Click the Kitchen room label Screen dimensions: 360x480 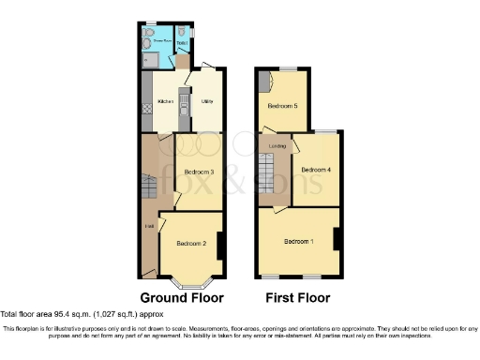165,101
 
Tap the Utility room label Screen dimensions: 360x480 205,100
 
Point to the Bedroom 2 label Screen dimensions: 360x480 191,244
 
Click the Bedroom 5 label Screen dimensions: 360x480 282,106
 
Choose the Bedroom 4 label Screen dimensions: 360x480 316,170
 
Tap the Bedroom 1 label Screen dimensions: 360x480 299,242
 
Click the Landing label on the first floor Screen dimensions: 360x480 277,146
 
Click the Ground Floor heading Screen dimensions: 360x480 182,298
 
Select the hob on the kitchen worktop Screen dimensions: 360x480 147,109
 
